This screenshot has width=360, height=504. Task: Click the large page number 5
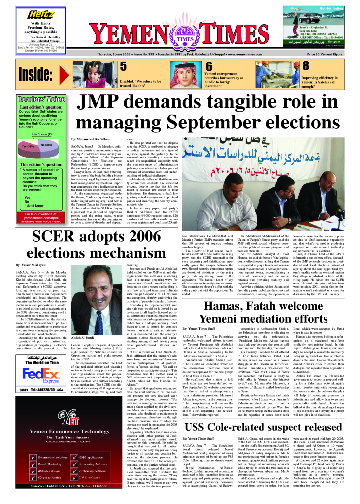click(123, 67)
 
